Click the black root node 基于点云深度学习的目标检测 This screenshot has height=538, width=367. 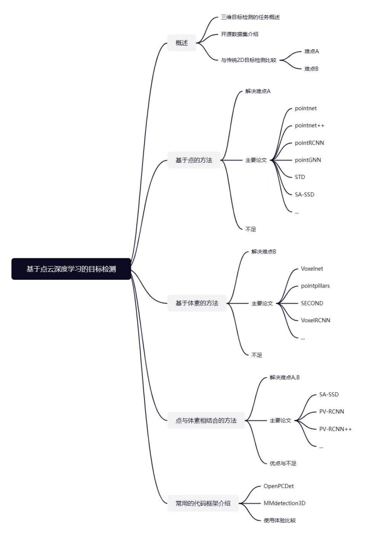[x=71, y=269]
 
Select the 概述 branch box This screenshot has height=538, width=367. [x=182, y=43]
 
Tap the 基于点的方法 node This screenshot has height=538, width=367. [x=194, y=160]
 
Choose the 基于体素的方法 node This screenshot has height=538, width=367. [x=197, y=303]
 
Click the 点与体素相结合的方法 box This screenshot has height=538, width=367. [x=206, y=420]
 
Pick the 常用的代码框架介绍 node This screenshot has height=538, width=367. [x=203, y=503]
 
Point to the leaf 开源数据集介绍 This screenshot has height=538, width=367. [x=240, y=34]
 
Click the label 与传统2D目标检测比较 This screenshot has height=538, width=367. [x=249, y=60]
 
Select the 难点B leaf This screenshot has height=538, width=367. [x=311, y=69]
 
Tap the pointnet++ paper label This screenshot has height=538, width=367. [x=309, y=125]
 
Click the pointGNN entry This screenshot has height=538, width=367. [x=308, y=160]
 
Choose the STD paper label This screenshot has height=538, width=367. [x=300, y=177]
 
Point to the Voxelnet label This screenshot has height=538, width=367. [x=312, y=269]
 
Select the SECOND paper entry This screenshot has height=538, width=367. [x=312, y=303]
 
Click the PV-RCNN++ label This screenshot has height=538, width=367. [x=335, y=429]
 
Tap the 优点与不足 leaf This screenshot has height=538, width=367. [x=283, y=463]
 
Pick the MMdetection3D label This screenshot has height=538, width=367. [x=284, y=503]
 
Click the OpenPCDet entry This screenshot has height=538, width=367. [x=279, y=486]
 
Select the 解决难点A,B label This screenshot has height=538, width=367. [x=284, y=377]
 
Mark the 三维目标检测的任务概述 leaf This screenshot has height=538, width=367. [x=250, y=17]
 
